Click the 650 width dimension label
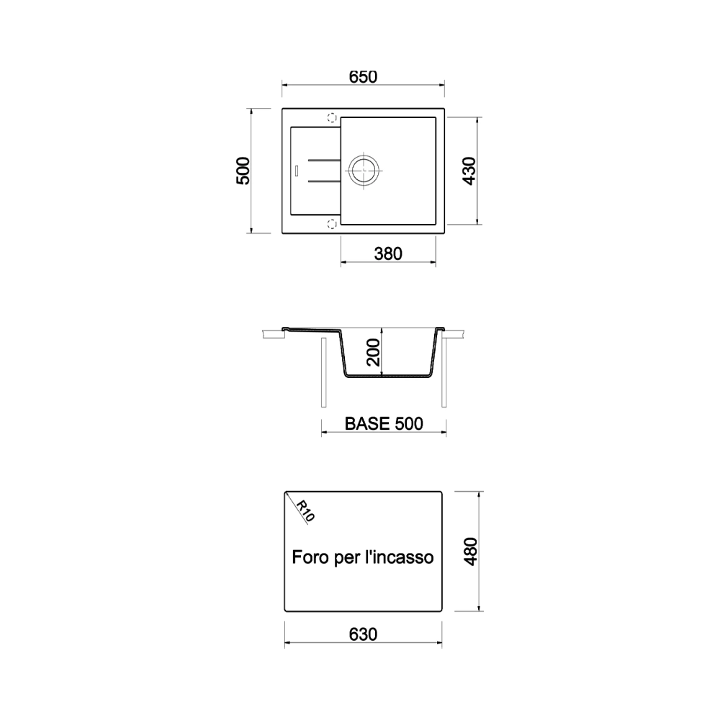pos(363,77)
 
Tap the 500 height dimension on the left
pos(243,171)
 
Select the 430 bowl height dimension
pos(469,171)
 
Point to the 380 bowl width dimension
pos(388,253)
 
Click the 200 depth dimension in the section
pos(374,352)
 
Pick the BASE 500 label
pos(384,423)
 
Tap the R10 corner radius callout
pos(305,510)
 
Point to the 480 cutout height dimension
pos(471,552)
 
